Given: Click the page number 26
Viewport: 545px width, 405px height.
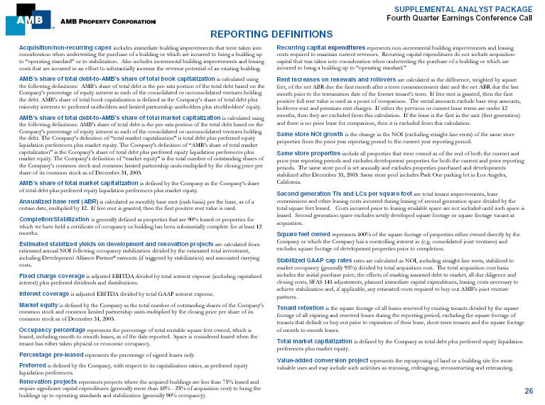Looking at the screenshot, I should click(529, 391).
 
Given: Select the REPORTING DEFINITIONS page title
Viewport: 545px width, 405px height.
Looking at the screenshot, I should click(272, 34).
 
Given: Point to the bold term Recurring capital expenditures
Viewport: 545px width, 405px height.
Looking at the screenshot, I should click(325, 46).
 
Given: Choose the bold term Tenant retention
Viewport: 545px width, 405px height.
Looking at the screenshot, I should click(302, 307).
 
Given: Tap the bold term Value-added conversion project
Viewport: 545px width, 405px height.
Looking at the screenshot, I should click(325, 360).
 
